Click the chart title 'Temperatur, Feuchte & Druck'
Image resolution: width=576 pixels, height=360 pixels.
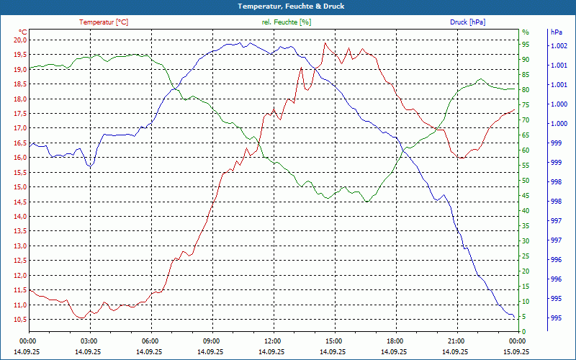click(287, 6)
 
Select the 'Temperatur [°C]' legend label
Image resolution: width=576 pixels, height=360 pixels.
click(104, 22)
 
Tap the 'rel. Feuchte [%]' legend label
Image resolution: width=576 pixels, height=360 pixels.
click(287, 22)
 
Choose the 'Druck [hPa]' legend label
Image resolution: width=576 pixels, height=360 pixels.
click(467, 22)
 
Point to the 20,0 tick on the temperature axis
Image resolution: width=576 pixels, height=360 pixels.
click(19, 40)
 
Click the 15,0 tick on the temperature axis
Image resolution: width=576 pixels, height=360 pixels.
click(19, 187)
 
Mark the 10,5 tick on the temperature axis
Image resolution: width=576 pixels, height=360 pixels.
click(19, 305)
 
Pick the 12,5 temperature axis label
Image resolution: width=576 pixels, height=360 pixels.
click(19, 246)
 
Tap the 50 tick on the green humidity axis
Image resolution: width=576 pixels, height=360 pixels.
click(526, 181)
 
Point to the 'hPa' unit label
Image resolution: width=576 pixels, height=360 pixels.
click(556, 32)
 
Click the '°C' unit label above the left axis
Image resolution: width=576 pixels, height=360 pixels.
click(23, 32)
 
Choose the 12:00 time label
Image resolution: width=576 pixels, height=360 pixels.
click(273, 341)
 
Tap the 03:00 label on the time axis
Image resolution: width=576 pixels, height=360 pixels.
click(89, 341)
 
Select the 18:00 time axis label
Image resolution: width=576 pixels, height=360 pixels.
click(395, 341)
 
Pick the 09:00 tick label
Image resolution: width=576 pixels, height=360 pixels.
click(212, 341)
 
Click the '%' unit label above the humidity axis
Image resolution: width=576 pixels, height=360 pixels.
click(526, 32)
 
